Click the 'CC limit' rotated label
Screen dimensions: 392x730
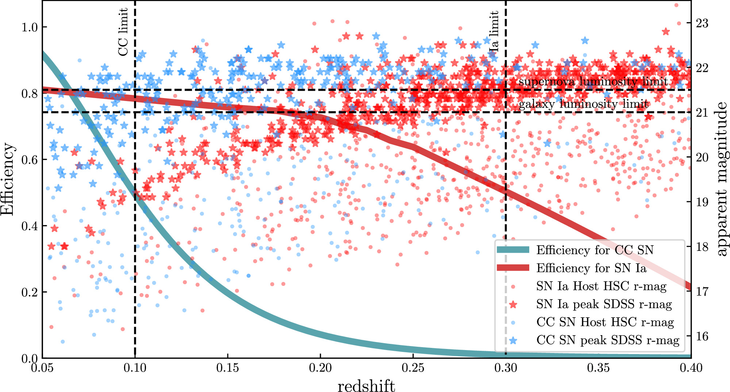click(123, 32)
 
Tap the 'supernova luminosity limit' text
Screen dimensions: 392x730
click(593, 82)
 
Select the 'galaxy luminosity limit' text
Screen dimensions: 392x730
click(583, 104)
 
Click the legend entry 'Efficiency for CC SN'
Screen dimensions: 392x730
click(595, 250)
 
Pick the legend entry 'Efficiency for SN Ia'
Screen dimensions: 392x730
click(591, 268)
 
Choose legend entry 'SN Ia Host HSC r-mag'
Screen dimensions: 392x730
click(601, 286)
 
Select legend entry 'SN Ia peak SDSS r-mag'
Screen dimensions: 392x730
click(604, 304)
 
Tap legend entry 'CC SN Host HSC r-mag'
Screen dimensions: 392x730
click(605, 322)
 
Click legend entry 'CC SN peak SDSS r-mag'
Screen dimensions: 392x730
click(608, 340)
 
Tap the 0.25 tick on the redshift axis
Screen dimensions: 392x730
click(413, 368)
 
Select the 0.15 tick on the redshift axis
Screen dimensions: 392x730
click(228, 368)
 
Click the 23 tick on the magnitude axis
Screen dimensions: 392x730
click(702, 23)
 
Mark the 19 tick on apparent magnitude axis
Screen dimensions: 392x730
click(702, 202)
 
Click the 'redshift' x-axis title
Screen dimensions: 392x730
click(366, 386)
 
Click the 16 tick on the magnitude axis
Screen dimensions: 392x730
click(702, 336)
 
